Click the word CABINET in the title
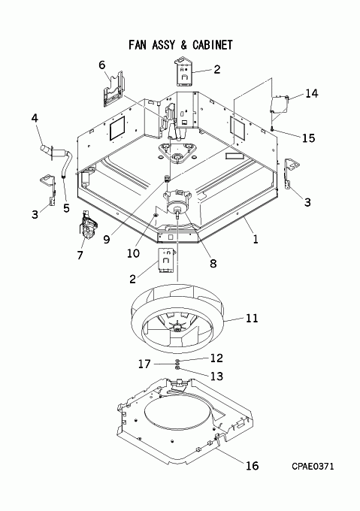pyautogui.click(x=213, y=44)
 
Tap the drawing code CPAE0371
pyautogui.click(x=313, y=467)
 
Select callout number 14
pyautogui.click(x=312, y=93)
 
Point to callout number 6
pyautogui.click(x=102, y=65)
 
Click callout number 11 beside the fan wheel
pyautogui.click(x=252, y=318)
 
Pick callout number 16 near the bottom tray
pyautogui.click(x=253, y=466)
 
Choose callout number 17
pyautogui.click(x=144, y=364)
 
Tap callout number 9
pyautogui.click(x=107, y=240)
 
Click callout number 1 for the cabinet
pyautogui.click(x=256, y=240)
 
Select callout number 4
pyautogui.click(x=35, y=118)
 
